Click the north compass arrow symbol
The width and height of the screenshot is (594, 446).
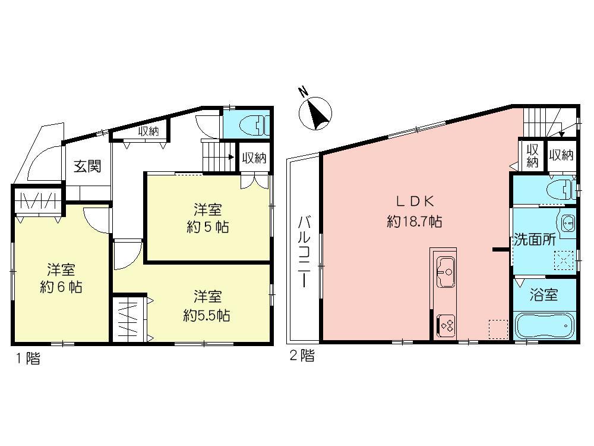click(316, 112)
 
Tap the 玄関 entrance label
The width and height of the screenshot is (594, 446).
click(87, 167)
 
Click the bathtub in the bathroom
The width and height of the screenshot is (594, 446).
click(544, 326)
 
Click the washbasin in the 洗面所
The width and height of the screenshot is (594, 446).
click(566, 224)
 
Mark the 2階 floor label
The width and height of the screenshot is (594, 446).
click(302, 356)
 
